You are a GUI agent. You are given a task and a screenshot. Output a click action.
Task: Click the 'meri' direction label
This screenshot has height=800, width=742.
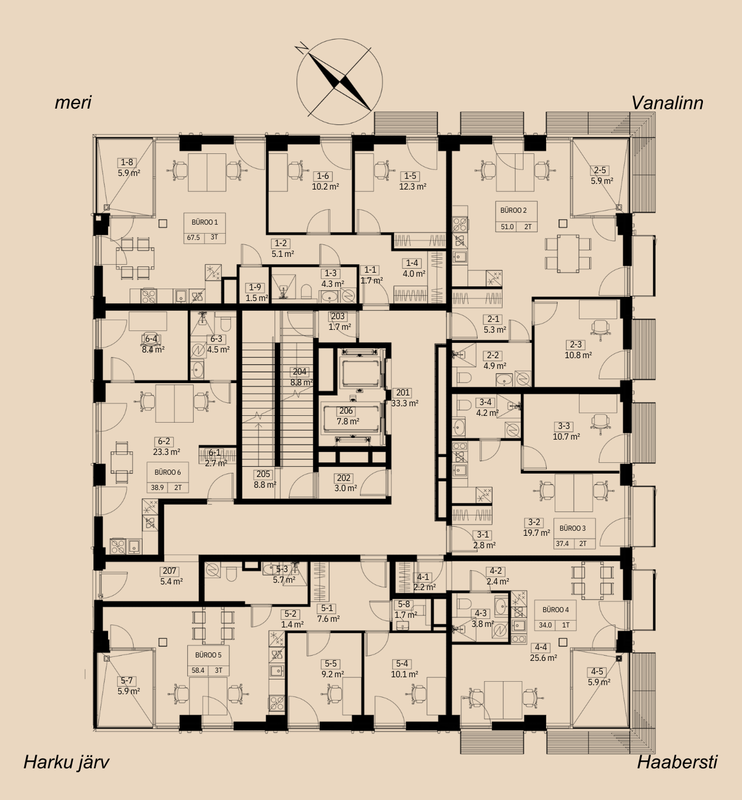[73, 102]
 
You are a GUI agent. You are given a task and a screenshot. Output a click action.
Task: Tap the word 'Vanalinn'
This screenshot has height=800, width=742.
[667, 103]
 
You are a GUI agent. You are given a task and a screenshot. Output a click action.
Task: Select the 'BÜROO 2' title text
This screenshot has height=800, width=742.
[513, 210]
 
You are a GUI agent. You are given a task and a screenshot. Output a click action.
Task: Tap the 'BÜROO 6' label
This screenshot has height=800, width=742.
[168, 472]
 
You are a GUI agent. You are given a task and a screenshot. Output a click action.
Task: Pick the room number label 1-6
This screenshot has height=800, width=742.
[323, 176]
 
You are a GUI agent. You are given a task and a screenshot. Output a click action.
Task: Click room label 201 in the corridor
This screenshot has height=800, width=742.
[403, 392]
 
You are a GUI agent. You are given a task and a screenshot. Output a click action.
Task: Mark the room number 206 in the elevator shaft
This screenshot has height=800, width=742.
[346, 411]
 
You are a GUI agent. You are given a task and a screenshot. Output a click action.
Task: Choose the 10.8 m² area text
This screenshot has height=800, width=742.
[578, 355]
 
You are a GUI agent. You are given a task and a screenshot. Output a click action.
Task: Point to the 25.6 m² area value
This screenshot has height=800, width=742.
[544, 658]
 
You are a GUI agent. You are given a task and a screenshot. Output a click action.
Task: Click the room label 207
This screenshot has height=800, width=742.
[170, 571]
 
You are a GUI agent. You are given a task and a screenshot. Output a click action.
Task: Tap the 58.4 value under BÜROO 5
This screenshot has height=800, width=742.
[198, 670]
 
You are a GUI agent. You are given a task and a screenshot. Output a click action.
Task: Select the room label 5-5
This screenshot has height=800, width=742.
[331, 664]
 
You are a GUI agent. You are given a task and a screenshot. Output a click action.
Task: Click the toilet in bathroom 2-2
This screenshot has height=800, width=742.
[464, 379]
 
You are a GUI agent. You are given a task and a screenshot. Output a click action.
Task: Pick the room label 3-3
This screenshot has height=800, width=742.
[564, 426]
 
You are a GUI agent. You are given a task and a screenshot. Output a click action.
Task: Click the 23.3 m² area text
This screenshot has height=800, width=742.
[166, 452]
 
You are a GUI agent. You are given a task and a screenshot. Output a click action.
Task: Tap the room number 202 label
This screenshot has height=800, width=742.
[344, 478]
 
